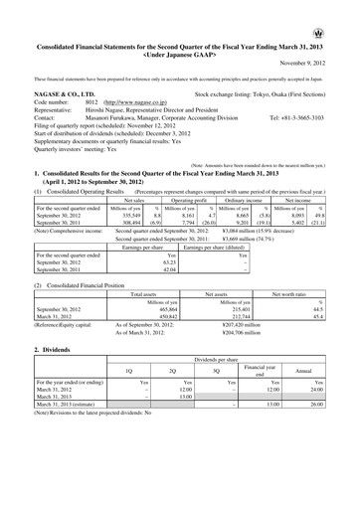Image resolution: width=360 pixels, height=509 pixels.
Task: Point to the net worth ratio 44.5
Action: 340,311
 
